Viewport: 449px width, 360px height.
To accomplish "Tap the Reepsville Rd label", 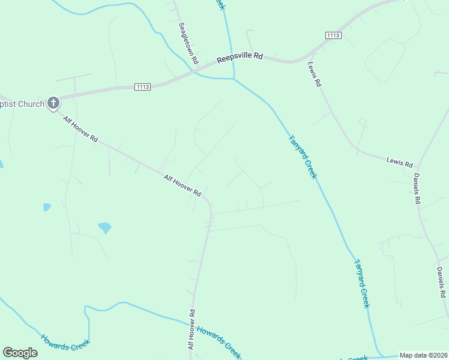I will pyautogui.click(x=240, y=58).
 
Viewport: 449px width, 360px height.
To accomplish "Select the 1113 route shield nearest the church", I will pyautogui.click(x=142, y=87).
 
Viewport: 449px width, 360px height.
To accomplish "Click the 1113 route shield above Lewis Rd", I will pyautogui.click(x=334, y=36).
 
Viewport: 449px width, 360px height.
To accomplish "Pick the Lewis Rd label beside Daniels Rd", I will pyautogui.click(x=400, y=161).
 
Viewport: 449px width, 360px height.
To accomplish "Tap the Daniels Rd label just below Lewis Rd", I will pyautogui.click(x=417, y=188).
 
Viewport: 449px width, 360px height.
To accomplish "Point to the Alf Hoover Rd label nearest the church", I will pyautogui.click(x=80, y=128).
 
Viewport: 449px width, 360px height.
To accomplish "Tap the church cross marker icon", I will pyautogui.click(x=53, y=103).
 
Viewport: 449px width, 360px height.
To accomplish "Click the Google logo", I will pyautogui.click(x=20, y=353).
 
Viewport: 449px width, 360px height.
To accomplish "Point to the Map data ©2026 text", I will pyautogui.click(x=424, y=355).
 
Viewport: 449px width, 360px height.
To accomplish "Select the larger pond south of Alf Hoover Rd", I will pyautogui.click(x=105, y=228).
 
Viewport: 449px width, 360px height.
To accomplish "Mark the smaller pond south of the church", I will pyautogui.click(x=47, y=208).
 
